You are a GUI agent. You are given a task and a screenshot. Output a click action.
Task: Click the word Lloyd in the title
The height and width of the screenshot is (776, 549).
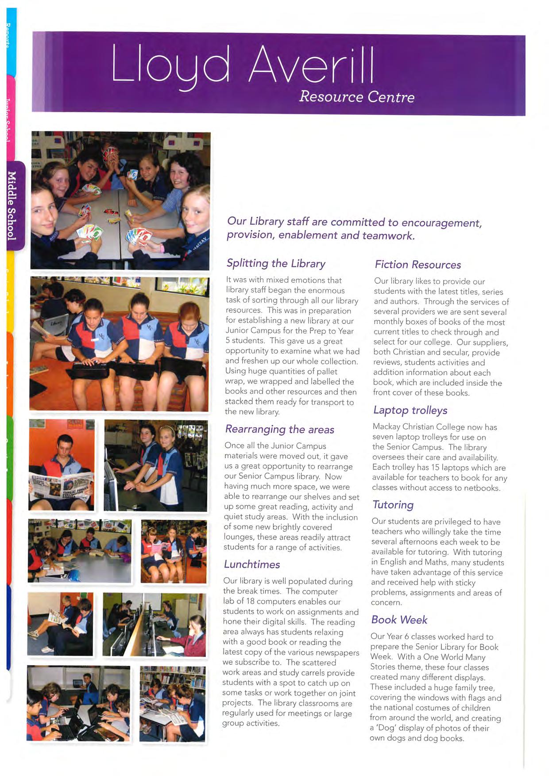pyautogui.click(x=170, y=65)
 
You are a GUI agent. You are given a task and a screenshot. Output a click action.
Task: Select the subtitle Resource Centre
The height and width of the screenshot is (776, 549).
pyautogui.click(x=356, y=96)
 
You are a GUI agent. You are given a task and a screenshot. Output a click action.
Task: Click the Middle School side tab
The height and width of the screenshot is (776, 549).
pyautogui.click(x=12, y=205)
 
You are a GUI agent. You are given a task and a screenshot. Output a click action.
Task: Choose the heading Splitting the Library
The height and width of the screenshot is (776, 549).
pyautogui.click(x=276, y=263)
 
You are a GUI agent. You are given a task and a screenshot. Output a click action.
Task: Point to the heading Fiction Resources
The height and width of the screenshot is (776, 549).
pyautogui.click(x=418, y=265)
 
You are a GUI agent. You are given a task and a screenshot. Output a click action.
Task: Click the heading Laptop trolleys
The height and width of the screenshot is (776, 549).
pyautogui.click(x=410, y=410)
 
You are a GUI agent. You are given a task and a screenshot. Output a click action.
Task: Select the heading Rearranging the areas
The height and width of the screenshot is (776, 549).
pyautogui.click(x=279, y=429)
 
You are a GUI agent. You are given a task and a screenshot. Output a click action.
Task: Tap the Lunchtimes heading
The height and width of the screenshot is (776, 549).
pyautogui.click(x=252, y=564)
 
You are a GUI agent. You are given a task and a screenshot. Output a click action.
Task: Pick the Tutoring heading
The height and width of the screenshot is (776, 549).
pyautogui.click(x=393, y=505)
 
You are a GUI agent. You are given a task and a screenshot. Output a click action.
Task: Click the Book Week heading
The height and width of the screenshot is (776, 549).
pyautogui.click(x=399, y=619)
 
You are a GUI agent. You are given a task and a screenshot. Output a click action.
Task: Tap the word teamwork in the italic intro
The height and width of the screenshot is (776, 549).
pyautogui.click(x=388, y=235)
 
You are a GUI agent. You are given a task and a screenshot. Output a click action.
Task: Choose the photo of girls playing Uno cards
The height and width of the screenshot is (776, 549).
pyautogui.click(x=120, y=200)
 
